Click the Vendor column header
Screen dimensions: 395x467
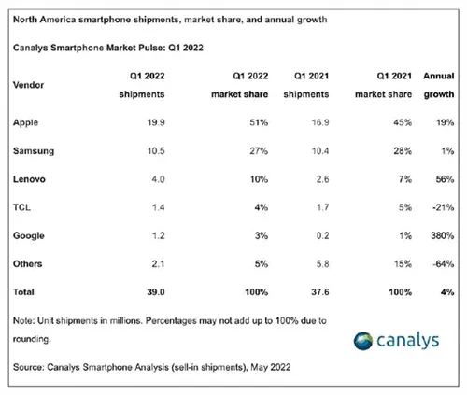click(31, 84)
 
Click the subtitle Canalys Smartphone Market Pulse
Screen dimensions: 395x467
click(98, 45)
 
